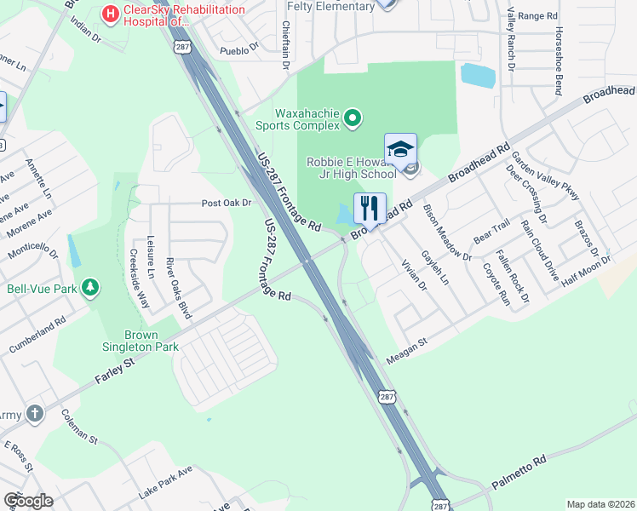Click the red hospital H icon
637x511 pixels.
click(110, 14)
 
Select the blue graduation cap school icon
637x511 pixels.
click(399, 149)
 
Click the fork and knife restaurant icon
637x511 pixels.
click(369, 208)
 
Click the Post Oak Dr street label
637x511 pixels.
click(227, 203)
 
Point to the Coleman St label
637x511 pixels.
click(79, 427)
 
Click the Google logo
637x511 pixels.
click(27, 501)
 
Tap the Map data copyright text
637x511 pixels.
click(600, 504)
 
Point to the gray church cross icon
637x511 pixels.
click(34, 414)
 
